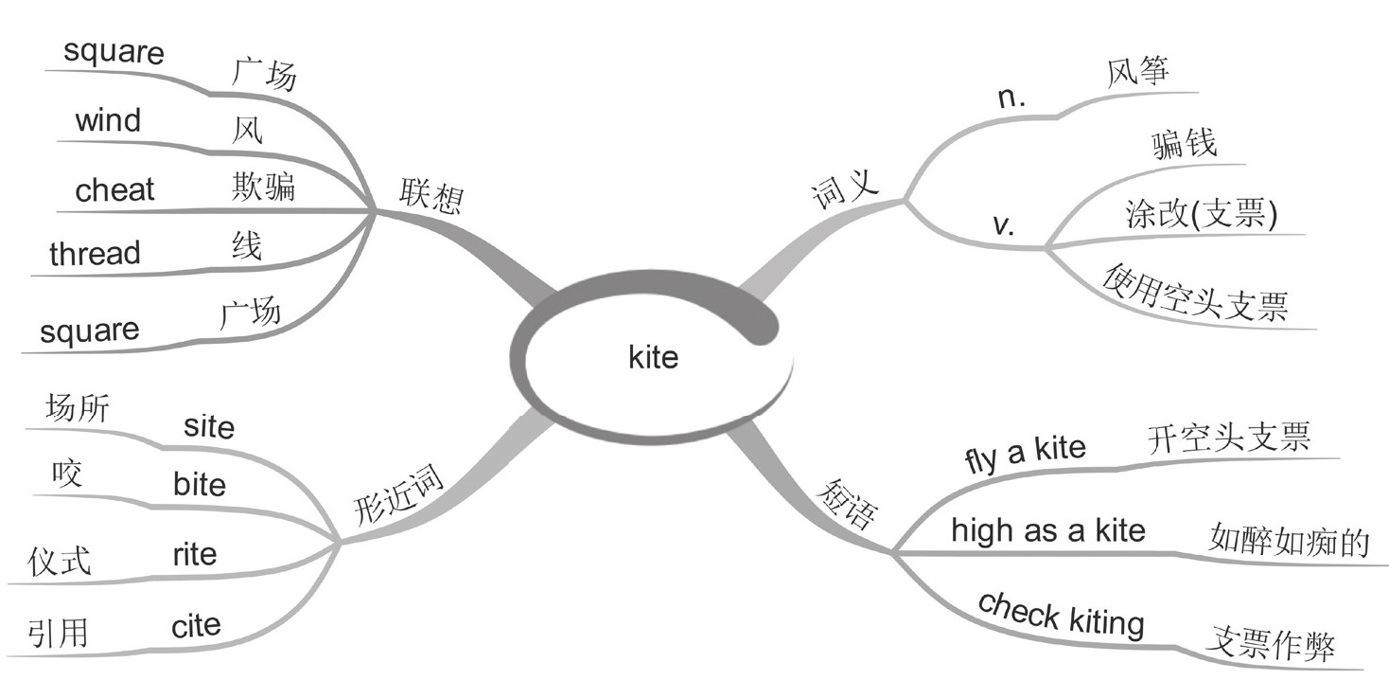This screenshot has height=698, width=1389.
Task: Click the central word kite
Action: [x=653, y=357]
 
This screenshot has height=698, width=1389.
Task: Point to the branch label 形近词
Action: [x=398, y=495]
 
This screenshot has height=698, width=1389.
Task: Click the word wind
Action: [x=108, y=121]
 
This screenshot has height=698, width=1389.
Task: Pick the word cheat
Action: [x=114, y=190]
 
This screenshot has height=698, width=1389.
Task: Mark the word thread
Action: [x=95, y=254]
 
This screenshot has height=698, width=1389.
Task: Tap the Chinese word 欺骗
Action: [x=263, y=187]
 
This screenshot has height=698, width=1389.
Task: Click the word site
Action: [x=209, y=426]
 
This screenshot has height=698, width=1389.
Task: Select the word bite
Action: [x=200, y=485]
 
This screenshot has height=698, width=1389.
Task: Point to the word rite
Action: [x=194, y=554]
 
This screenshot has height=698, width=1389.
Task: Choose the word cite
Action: [x=196, y=625]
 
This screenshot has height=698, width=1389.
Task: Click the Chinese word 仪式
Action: [x=60, y=561]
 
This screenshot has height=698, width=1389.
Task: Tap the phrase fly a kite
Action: [x=1025, y=454]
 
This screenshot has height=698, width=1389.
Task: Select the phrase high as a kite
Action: [x=1047, y=529]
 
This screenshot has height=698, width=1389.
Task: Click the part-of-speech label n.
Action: [x=1014, y=97]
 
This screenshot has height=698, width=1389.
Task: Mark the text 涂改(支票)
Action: [x=1202, y=214]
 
